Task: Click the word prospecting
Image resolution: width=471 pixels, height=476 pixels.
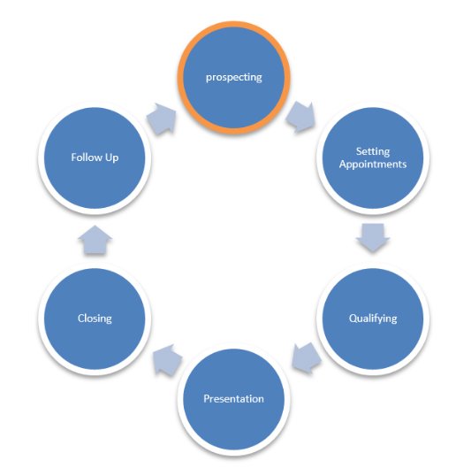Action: click(233, 77)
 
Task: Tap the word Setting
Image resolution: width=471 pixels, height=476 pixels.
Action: click(373, 151)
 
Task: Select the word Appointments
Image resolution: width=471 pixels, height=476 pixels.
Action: click(373, 165)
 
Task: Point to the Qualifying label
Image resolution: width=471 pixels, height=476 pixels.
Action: click(373, 319)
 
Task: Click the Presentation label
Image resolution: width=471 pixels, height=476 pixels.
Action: click(233, 399)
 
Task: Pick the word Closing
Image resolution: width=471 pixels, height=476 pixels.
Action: click(95, 319)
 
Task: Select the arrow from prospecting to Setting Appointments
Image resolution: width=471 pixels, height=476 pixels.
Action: click(300, 117)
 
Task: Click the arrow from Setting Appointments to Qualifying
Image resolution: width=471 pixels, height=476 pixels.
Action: click(373, 238)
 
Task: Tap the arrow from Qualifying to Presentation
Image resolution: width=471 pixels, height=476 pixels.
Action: click(306, 358)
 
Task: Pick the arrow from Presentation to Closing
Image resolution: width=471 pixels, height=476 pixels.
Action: click(167, 359)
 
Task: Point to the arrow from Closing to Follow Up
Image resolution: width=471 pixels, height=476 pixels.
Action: click(95, 240)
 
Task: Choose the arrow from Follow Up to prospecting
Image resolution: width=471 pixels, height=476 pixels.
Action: click(162, 119)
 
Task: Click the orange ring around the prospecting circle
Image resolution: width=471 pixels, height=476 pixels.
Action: click(233, 24)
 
